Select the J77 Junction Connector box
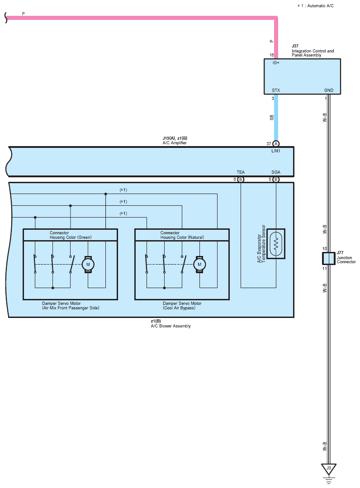click(x=329, y=259)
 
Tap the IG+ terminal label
click(x=276, y=62)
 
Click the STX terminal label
click(x=276, y=90)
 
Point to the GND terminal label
click(x=329, y=90)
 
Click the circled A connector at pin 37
click(x=276, y=144)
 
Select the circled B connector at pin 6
click(x=241, y=180)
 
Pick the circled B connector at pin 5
click(x=276, y=180)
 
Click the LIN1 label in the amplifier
click(x=276, y=151)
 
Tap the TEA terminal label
click(x=241, y=172)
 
